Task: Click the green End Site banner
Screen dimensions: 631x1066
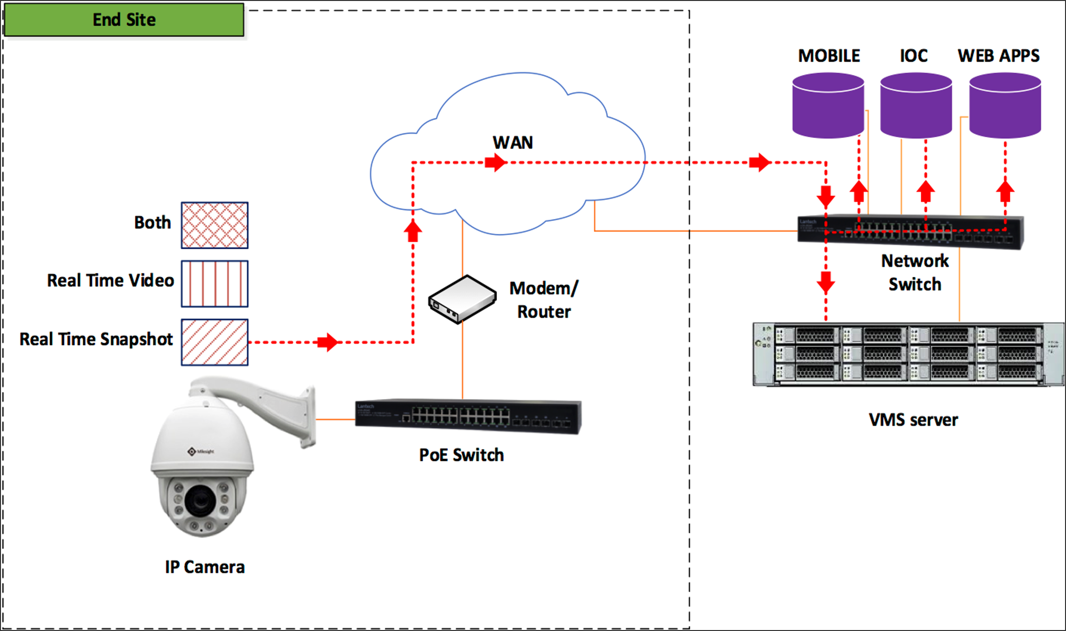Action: pyautogui.click(x=124, y=20)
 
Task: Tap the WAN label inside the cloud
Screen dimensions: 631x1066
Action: pyautogui.click(x=513, y=142)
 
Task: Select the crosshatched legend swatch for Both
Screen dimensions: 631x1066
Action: pyautogui.click(x=214, y=225)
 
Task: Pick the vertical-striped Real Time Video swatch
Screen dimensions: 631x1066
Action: pyautogui.click(x=214, y=284)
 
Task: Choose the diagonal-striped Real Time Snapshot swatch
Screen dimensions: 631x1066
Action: pyautogui.click(x=214, y=342)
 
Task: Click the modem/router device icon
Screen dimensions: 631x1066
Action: pyautogui.click(x=463, y=299)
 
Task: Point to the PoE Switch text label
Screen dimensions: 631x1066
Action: pyautogui.click(x=461, y=455)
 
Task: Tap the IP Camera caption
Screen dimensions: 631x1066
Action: pyautogui.click(x=204, y=567)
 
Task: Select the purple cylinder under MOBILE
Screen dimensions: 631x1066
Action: pyautogui.click(x=828, y=106)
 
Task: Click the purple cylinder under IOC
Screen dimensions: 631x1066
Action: pyautogui.click(x=916, y=106)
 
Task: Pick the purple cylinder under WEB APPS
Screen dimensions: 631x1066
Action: pyautogui.click(x=1005, y=106)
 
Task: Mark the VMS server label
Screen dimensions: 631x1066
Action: pyautogui.click(x=913, y=420)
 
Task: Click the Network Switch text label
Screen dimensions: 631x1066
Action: pyautogui.click(x=915, y=273)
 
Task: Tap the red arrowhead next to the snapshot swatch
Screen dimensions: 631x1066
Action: pyautogui.click(x=328, y=342)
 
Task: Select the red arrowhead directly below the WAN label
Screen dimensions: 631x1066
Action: pyautogui.click(x=495, y=162)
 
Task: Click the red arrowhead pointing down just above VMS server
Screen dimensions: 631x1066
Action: pyautogui.click(x=826, y=282)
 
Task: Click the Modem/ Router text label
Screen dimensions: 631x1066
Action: pyautogui.click(x=543, y=300)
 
